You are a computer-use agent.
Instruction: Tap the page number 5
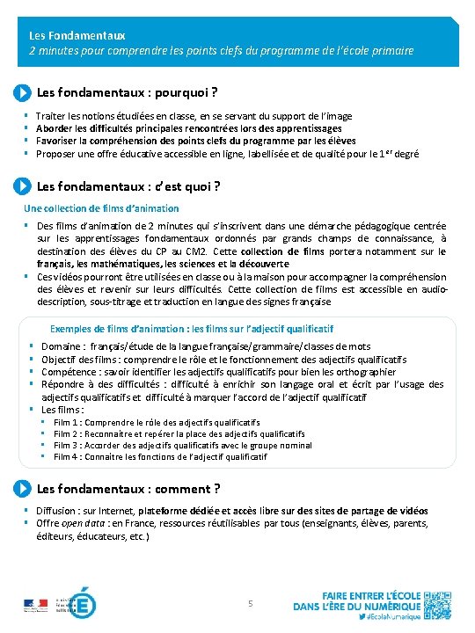pos(251,603)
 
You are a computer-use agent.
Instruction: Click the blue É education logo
pos(83,605)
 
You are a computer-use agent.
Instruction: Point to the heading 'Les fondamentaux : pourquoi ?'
pos(128,92)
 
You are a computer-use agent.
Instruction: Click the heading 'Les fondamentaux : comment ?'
pos(128,489)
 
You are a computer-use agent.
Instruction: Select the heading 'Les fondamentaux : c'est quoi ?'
pos(128,186)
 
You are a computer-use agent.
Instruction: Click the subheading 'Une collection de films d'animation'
pos(101,208)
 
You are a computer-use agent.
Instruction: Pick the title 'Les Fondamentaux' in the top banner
pos(77,36)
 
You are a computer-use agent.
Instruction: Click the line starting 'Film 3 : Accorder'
pos(182,445)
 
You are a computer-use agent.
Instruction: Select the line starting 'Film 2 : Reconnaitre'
pos(179,434)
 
